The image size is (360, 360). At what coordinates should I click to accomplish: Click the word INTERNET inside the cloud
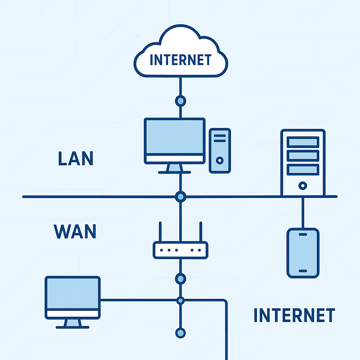tap(180, 60)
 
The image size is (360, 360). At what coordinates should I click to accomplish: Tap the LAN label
tap(76, 159)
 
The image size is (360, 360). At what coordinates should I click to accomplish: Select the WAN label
tap(75, 231)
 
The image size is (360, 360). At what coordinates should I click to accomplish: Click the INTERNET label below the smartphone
tap(294, 315)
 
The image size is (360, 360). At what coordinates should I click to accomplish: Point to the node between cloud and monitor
tap(180, 101)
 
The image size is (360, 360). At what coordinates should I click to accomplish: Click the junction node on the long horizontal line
tap(180, 197)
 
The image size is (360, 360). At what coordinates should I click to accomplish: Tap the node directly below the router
tap(180, 279)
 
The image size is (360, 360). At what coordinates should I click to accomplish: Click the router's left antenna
tap(160, 232)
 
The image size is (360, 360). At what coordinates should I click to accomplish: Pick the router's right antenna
tap(201, 232)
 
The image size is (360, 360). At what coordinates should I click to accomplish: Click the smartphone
tap(303, 253)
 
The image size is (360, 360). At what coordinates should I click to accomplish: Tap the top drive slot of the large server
tap(303, 142)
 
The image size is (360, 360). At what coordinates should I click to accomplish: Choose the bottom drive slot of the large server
tap(303, 169)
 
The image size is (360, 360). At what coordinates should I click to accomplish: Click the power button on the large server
tap(302, 185)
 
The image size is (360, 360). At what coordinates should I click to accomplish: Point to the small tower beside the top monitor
tap(220, 150)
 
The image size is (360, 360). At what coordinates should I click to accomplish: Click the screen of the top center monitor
tap(175, 137)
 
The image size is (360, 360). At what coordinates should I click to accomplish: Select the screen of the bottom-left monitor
tap(73, 293)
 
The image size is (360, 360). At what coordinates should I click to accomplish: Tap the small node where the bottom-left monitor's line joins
tap(180, 300)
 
